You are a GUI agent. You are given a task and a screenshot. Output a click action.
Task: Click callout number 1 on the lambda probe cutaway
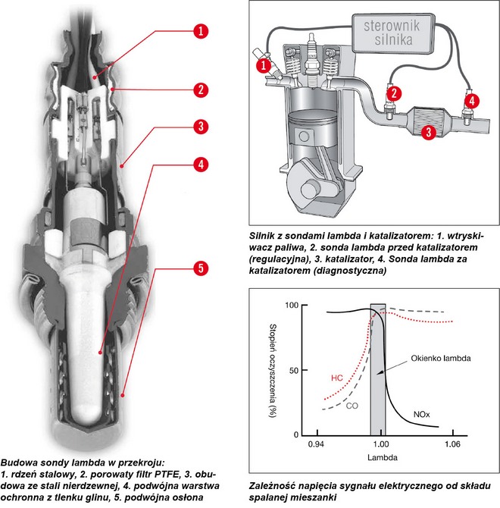(199, 31)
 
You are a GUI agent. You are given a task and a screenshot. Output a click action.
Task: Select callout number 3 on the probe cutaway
(199, 126)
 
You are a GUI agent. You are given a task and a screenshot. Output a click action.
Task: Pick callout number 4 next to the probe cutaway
(199, 163)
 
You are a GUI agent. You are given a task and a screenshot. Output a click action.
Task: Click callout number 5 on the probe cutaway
(199, 268)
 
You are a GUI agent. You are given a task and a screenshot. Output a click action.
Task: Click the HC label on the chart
(338, 377)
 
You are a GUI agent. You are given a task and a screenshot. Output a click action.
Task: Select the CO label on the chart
(351, 406)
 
